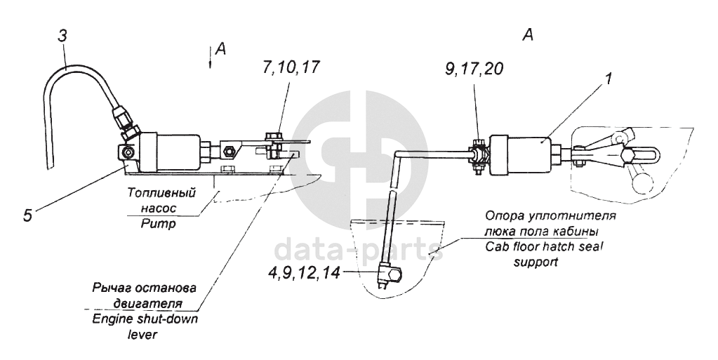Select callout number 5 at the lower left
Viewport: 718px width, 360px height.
(27, 215)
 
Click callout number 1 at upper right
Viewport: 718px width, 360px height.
(609, 79)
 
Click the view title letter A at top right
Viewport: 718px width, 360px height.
(528, 35)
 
